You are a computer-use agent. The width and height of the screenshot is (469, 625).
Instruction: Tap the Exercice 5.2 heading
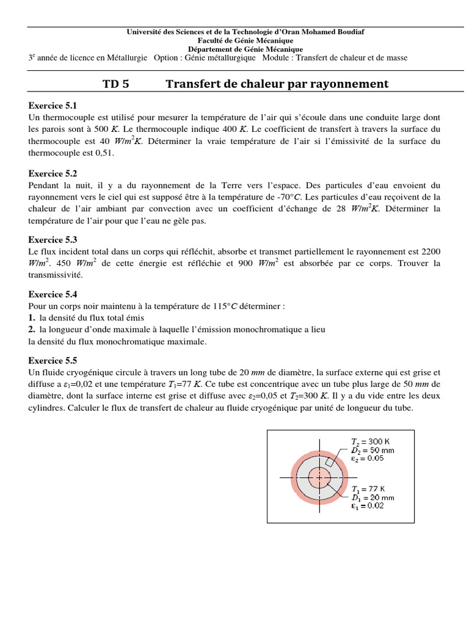[53, 174]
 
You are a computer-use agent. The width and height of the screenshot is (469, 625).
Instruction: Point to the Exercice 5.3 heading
[53, 240]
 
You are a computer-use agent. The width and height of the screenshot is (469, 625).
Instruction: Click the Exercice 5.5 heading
[53, 361]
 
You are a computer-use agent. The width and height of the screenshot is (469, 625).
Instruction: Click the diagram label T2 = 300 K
[372, 441]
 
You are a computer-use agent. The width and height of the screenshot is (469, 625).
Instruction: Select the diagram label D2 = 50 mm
[373, 450]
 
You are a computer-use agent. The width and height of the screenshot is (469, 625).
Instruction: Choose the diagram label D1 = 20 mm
[373, 497]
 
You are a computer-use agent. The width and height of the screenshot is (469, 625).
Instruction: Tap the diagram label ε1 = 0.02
[368, 506]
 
